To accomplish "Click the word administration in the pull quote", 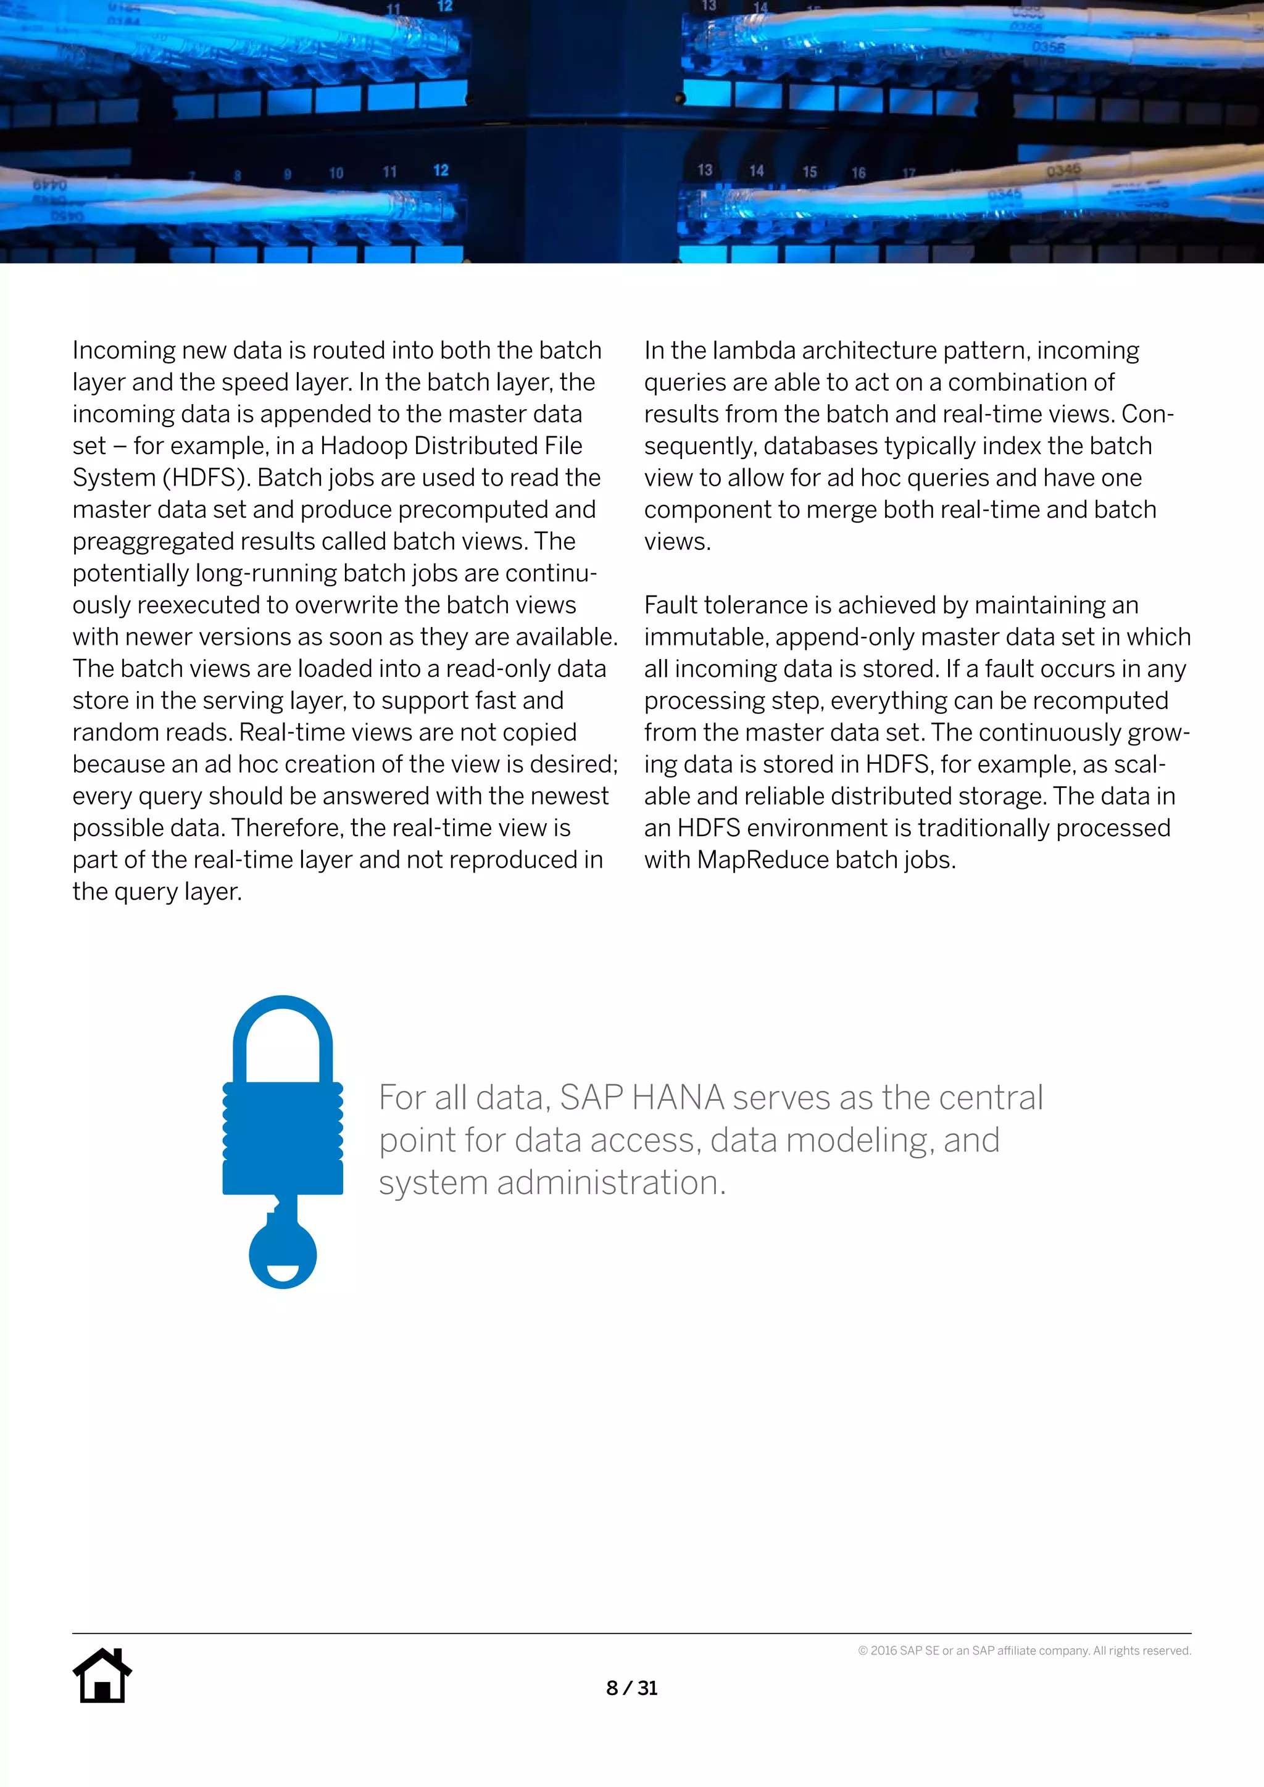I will (x=610, y=1183).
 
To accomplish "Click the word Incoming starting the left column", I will (x=123, y=351).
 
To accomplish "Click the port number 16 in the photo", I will (x=858, y=173).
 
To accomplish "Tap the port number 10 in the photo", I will (x=336, y=173).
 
